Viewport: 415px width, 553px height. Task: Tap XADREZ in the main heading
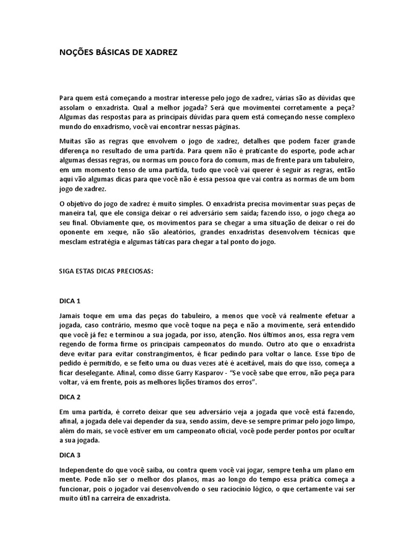point(159,52)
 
